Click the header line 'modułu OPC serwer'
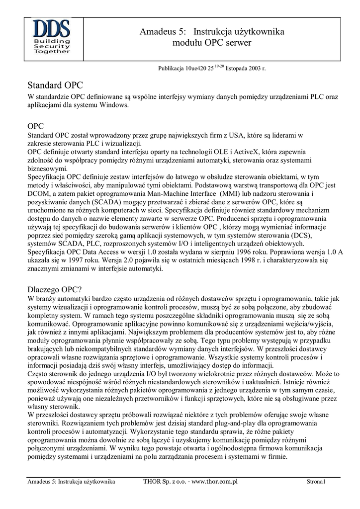tap(212, 43)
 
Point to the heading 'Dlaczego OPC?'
tap(55, 288)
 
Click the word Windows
tap(115, 105)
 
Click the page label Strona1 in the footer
tap(316, 482)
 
